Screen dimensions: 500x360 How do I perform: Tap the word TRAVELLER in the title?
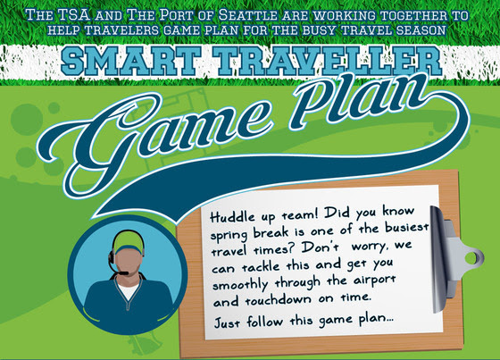[328, 61]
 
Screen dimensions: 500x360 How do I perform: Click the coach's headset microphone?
[122, 272]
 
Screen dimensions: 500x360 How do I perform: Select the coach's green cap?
[127, 240]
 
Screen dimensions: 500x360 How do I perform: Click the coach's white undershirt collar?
[129, 291]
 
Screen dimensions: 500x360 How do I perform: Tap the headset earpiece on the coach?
[112, 256]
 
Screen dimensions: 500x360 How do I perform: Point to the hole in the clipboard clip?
[471, 258]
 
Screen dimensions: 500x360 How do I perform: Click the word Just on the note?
[227, 322]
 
